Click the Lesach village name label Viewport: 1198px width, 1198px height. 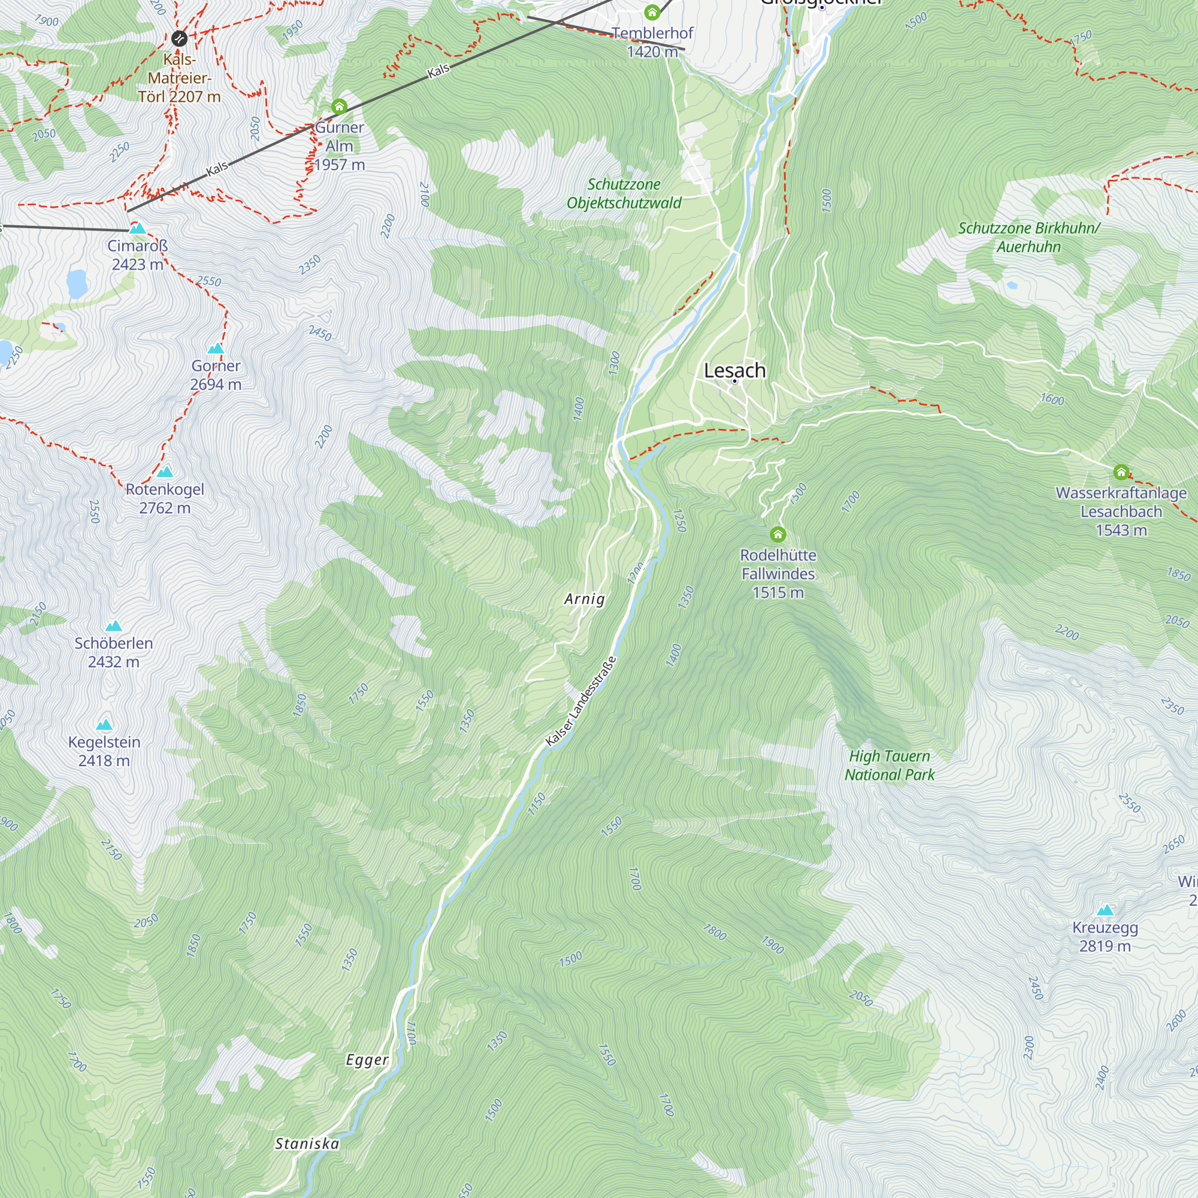(x=735, y=371)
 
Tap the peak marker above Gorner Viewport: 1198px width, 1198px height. (x=216, y=349)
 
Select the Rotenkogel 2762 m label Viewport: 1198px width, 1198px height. (x=165, y=498)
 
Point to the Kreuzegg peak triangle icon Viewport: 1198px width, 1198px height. (x=1105, y=910)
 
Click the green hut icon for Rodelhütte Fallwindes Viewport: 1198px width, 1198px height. (x=778, y=534)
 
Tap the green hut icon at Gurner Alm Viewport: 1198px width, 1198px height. (x=338, y=107)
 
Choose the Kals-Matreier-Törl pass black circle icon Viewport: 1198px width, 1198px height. (x=179, y=38)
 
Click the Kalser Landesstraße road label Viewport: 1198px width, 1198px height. (x=582, y=701)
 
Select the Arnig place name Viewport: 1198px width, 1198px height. (x=584, y=599)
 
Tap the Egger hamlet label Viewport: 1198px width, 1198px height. (x=367, y=1060)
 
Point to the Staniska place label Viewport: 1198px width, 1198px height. (x=307, y=1143)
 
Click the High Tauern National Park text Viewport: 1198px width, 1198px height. (x=889, y=765)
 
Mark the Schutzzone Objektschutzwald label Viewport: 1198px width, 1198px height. (x=624, y=193)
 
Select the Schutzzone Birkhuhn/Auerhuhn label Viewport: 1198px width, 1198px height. (x=1028, y=237)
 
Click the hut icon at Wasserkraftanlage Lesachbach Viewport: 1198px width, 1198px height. (x=1121, y=473)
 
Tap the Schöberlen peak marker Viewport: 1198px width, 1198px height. (x=113, y=626)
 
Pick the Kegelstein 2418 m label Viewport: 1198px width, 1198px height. (x=104, y=751)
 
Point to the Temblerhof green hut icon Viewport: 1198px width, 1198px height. (x=652, y=12)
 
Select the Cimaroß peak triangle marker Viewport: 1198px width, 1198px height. (x=138, y=229)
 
